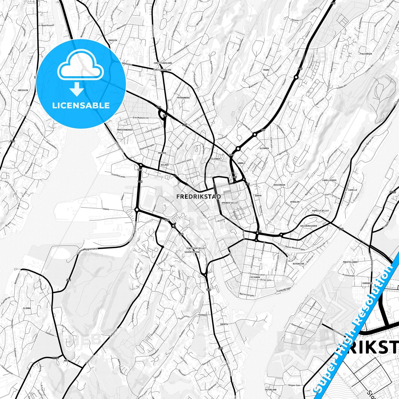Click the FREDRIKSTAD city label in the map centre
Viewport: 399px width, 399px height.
(199, 197)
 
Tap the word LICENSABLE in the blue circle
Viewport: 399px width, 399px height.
(81, 105)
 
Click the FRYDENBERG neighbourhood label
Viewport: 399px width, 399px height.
(183, 98)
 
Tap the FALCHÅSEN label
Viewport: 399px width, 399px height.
(366, 54)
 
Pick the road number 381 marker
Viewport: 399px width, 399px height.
(165, 115)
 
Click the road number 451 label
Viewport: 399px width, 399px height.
(68, 280)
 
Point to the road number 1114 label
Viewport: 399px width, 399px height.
(56, 358)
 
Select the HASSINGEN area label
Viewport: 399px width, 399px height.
(279, 185)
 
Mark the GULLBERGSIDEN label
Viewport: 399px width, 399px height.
(308, 226)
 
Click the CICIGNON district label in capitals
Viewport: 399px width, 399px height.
(255, 277)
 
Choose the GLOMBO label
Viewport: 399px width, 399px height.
(27, 308)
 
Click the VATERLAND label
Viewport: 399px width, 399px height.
(271, 390)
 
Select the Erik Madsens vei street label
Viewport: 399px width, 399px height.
(141, 118)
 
